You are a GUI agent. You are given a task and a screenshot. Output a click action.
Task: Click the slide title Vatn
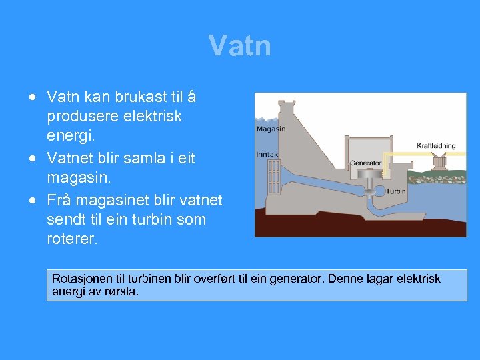(x=239, y=46)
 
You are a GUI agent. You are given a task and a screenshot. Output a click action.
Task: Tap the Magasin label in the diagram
(x=271, y=129)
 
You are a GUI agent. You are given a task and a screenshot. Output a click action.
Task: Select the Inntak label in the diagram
(x=268, y=154)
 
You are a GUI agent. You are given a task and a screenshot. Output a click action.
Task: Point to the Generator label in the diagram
(x=365, y=162)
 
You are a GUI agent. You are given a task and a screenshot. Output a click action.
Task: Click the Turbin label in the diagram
(x=396, y=191)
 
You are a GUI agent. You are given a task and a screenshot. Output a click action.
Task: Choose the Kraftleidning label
(x=436, y=145)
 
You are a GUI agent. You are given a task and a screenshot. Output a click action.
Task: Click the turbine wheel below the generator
(x=379, y=191)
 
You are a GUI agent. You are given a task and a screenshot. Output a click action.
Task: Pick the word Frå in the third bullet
(x=59, y=200)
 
